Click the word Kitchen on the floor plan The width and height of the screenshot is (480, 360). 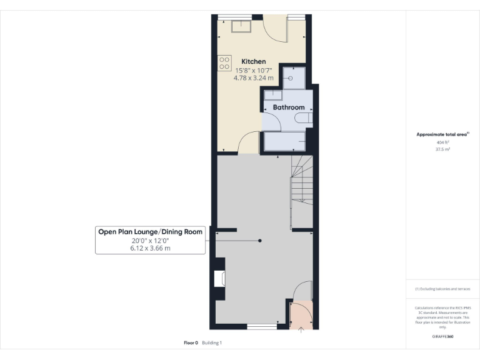254,61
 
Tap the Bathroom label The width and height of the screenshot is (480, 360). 288,107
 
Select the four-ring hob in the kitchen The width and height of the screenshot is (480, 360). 224,62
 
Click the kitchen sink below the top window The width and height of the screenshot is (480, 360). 240,26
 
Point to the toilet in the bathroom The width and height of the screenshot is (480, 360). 304,119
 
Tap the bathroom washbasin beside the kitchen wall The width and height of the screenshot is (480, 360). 272,95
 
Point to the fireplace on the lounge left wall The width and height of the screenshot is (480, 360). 219,278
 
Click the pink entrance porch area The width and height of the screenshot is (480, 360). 301,314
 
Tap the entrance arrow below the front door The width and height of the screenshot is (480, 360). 301,330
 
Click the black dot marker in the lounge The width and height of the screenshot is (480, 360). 260,241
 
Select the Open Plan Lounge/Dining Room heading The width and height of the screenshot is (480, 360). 150,232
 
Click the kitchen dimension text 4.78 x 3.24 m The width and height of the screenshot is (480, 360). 253,77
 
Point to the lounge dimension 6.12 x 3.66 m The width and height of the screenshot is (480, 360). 150,248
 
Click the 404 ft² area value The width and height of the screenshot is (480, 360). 442,142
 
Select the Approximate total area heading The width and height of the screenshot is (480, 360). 441,134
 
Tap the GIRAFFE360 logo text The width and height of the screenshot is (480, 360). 442,336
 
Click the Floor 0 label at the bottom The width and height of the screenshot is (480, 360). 191,342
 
